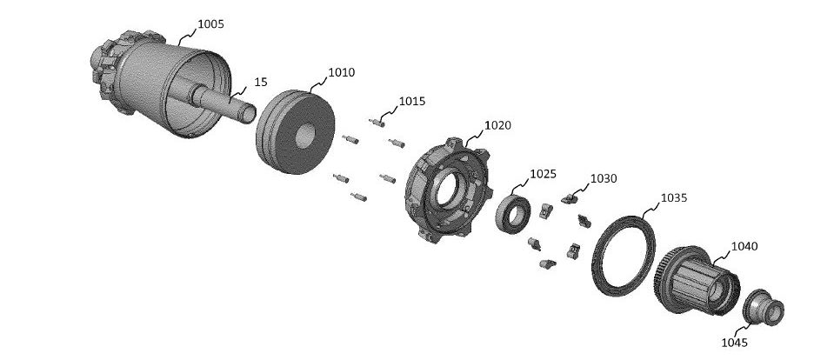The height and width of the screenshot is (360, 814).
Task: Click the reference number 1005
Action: tap(210, 23)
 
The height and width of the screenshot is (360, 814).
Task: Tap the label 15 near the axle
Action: tap(261, 82)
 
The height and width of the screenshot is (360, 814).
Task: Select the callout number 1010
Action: tap(342, 72)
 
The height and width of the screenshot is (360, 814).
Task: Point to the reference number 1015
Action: tap(411, 101)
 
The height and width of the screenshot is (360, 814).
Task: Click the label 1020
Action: tap(497, 125)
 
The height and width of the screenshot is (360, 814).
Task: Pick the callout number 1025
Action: tap(543, 174)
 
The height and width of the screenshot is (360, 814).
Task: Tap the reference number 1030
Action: tap(604, 178)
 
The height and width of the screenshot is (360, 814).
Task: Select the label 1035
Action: tap(674, 197)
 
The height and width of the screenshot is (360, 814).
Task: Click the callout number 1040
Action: tap(744, 246)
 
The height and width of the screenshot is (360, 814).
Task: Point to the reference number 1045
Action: tap(735, 343)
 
